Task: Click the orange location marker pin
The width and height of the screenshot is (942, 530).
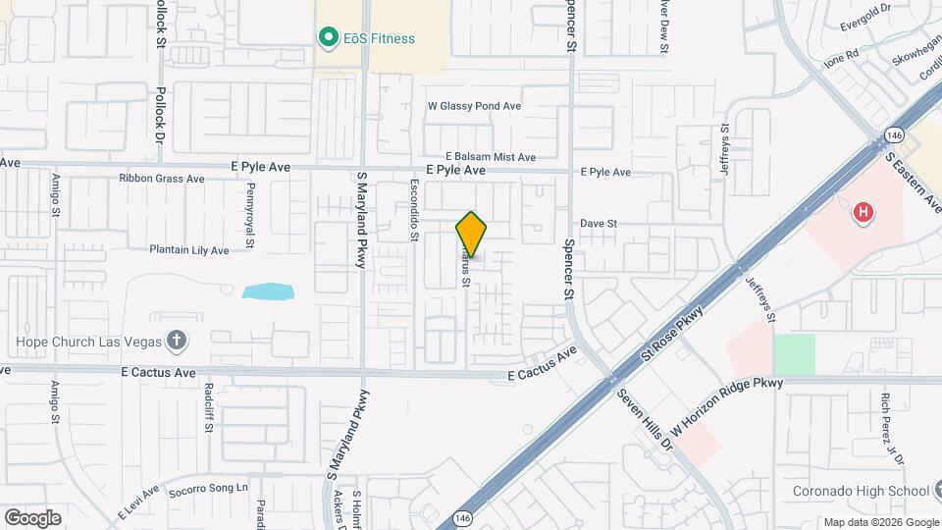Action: pos(472,234)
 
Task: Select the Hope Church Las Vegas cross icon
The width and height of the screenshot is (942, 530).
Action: pos(177,342)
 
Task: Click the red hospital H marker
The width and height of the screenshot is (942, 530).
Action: pos(863,212)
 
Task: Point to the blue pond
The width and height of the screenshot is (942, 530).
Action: pos(268,291)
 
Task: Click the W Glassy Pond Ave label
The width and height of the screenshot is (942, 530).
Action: pos(474,106)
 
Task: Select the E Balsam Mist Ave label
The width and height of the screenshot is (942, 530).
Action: pos(491,157)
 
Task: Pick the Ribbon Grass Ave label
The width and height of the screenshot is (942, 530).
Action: pos(161,179)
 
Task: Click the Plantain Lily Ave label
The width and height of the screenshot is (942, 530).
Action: pos(188,250)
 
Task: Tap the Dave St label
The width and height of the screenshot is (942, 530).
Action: pos(598,224)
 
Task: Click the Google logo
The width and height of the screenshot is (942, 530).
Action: pos(32,517)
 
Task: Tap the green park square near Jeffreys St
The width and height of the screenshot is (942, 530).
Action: pos(795,353)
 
